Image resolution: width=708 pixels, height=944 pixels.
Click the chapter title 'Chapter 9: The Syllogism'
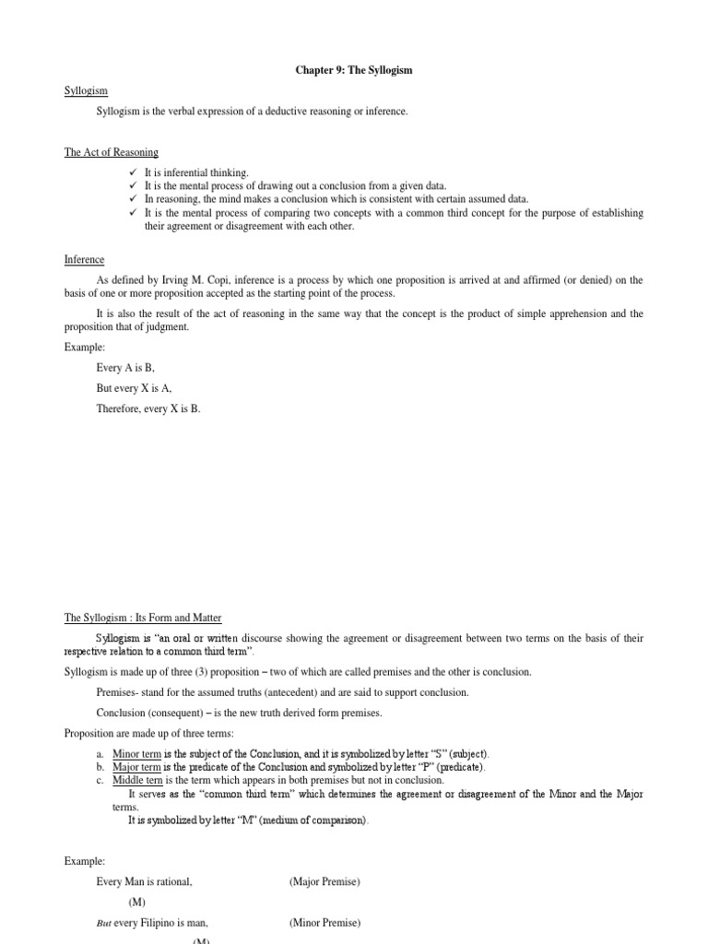click(354, 70)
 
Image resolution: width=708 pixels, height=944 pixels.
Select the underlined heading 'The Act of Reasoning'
click(112, 152)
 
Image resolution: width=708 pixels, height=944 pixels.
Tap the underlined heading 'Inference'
click(84, 260)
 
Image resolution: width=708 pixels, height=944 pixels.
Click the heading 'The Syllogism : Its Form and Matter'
click(143, 618)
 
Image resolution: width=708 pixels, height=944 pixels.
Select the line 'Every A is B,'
click(126, 367)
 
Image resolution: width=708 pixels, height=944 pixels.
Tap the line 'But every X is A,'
click(134, 388)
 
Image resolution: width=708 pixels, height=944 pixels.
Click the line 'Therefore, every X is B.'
click(148, 409)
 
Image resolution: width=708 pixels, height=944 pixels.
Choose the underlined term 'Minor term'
click(136, 753)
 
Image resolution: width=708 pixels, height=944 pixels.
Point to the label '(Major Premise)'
click(324, 881)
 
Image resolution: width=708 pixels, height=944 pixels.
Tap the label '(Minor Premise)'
click(324, 923)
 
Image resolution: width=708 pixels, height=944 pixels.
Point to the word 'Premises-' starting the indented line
click(117, 692)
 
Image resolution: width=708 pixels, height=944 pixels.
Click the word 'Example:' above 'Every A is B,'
click(85, 346)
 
